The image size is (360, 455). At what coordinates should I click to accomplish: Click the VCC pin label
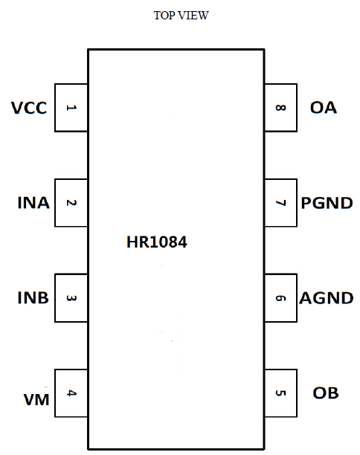tap(29, 108)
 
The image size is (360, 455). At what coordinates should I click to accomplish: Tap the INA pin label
tap(33, 202)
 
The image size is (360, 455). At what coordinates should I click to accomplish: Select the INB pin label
tap(33, 297)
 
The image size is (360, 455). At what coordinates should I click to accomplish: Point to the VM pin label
tap(36, 399)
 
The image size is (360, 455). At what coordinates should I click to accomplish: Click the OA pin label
tap(324, 108)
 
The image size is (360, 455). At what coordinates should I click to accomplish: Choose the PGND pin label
tap(327, 203)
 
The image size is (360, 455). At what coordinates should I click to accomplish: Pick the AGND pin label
tap(327, 298)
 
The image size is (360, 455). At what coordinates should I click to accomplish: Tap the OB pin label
tap(326, 393)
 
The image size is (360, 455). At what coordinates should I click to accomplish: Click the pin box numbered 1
tap(71, 108)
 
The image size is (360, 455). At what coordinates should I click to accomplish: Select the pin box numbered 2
tap(71, 203)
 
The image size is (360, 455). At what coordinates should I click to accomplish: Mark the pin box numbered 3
tap(71, 298)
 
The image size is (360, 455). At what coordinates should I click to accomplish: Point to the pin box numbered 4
tap(71, 393)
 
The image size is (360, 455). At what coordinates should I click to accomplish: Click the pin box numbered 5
tap(280, 393)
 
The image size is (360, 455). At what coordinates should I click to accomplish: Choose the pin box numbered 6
tap(280, 298)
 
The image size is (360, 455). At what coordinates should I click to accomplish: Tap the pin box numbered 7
tap(280, 203)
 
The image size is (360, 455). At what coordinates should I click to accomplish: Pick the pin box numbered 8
tap(280, 108)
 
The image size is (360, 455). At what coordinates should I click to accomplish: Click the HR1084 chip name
tap(157, 242)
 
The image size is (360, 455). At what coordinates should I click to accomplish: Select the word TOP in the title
tap(164, 16)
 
